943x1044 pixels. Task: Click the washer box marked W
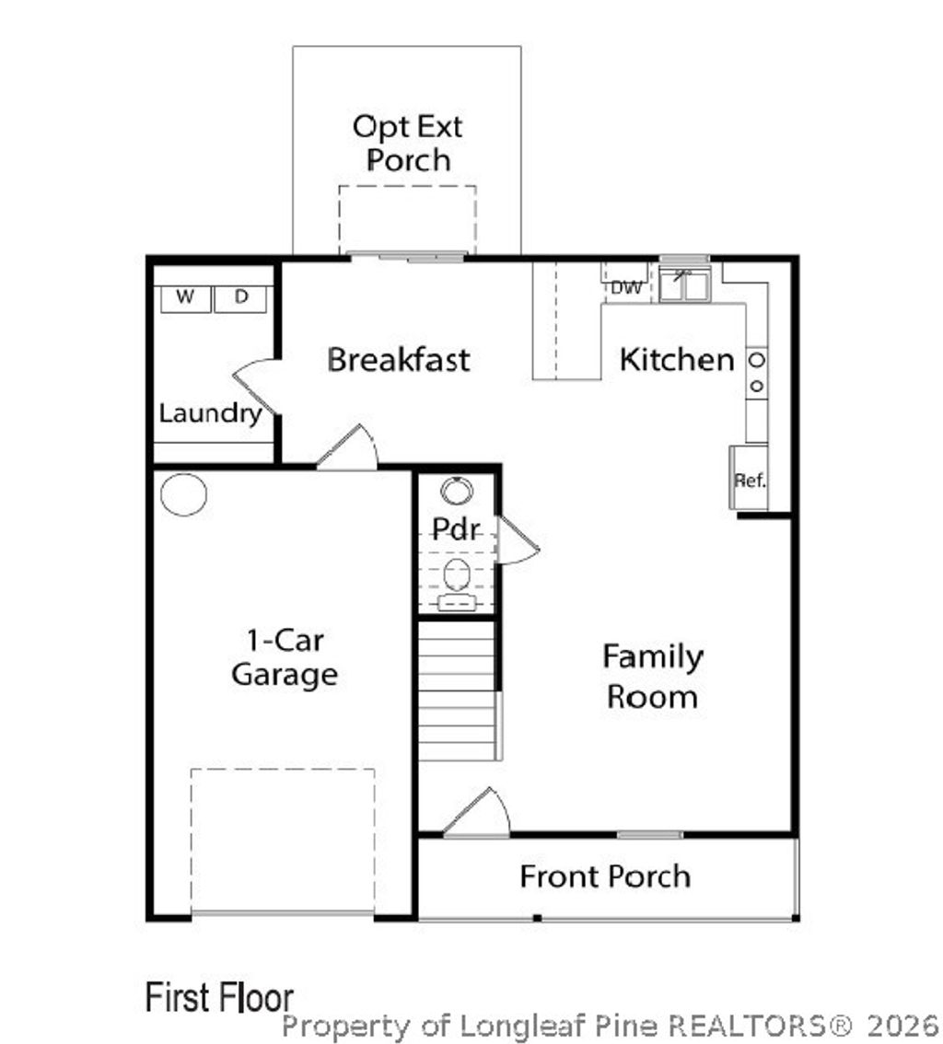coord(186,299)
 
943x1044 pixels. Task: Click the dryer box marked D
coord(240,299)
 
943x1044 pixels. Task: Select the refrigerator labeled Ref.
coord(750,478)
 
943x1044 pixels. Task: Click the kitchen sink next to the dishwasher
coord(684,284)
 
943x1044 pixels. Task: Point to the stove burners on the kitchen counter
coord(757,373)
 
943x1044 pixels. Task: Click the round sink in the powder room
coord(457,492)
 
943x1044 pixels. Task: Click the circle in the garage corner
coord(184,494)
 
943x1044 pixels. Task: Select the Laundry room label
coord(211,413)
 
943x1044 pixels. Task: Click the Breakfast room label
coord(398,360)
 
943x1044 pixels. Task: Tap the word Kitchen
coord(677,360)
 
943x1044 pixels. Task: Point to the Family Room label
coord(653,677)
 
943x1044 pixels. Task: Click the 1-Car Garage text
coord(285,657)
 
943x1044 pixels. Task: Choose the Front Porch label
coord(605,876)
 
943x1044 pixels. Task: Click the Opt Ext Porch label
coord(408,143)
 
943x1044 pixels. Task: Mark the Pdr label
coord(456,529)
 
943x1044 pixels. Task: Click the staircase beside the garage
coord(459,690)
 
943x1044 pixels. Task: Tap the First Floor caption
coord(220,997)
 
